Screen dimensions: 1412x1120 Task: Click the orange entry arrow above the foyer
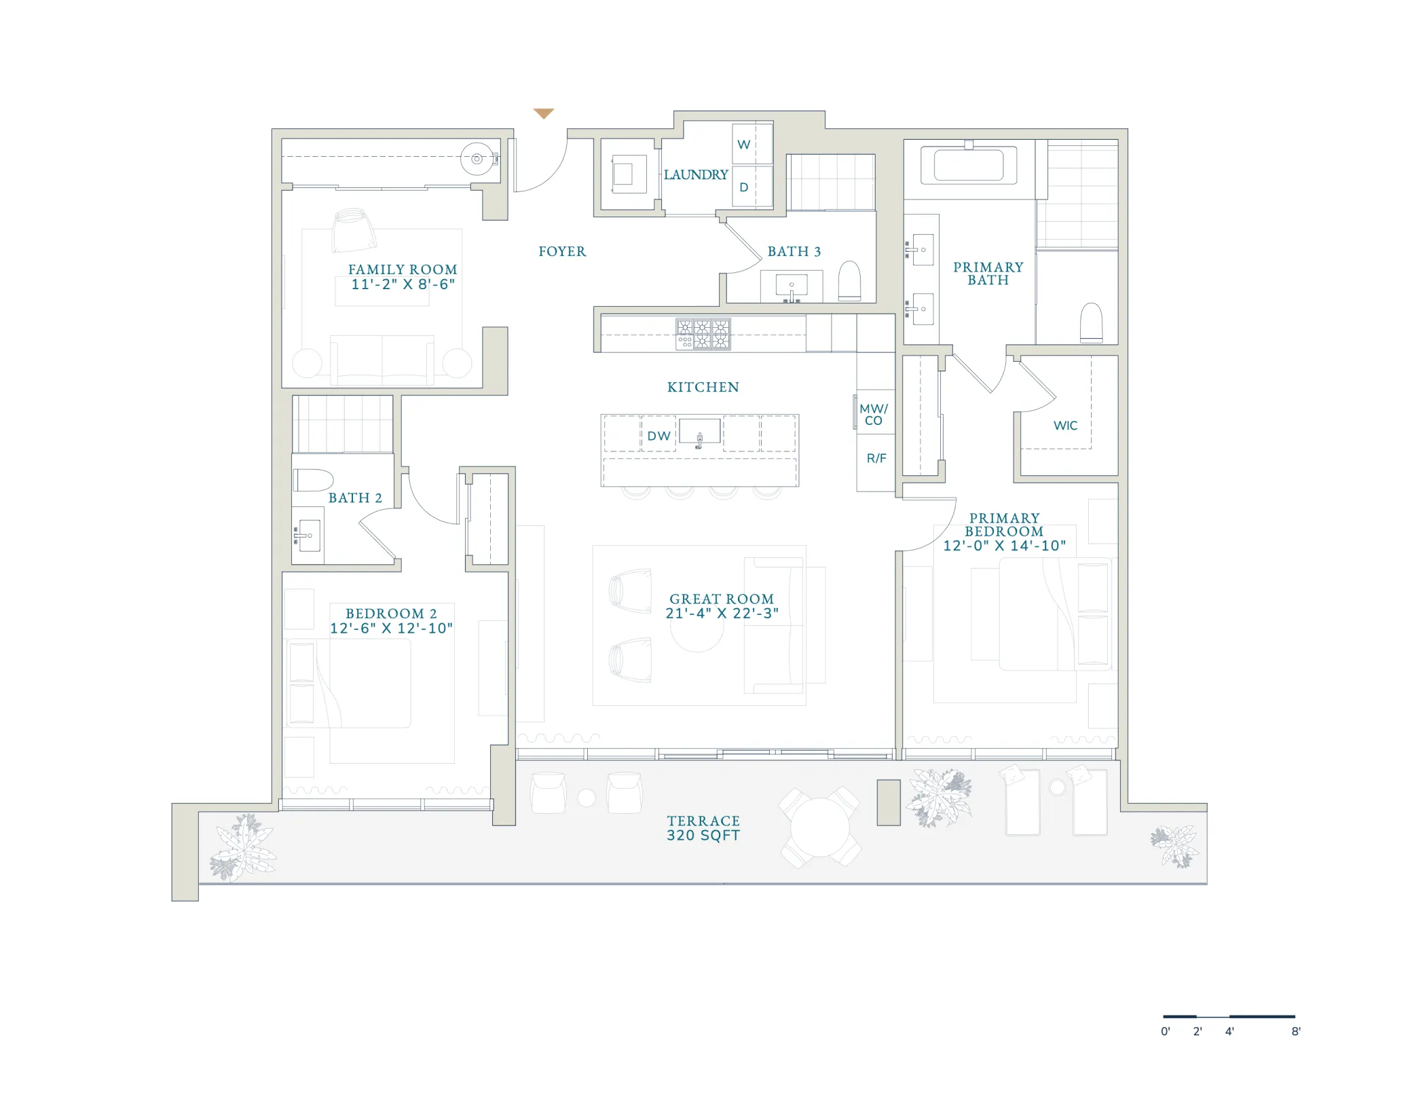[543, 113]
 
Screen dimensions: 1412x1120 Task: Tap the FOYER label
[562, 252]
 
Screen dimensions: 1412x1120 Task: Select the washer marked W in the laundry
[752, 144]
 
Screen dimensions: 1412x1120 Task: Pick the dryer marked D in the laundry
[752, 186]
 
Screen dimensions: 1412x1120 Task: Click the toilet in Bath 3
[850, 280]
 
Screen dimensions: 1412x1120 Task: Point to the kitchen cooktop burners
[703, 334]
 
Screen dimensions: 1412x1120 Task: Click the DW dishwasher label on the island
[658, 436]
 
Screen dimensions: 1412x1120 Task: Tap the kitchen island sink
[699, 432]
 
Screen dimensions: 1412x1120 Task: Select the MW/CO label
[874, 415]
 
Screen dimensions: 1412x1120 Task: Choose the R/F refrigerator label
[876, 458]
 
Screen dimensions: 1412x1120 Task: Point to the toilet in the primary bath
[1092, 322]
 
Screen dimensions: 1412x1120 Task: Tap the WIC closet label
[1065, 426]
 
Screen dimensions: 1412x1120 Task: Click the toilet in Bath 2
[313, 480]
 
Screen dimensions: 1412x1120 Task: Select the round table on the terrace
[820, 827]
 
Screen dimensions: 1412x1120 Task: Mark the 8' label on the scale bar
[1296, 1031]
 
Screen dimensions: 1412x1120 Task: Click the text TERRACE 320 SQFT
[703, 828]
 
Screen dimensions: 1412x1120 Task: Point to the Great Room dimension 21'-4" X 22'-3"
[722, 614]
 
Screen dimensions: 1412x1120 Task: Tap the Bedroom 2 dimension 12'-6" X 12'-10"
[391, 629]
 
